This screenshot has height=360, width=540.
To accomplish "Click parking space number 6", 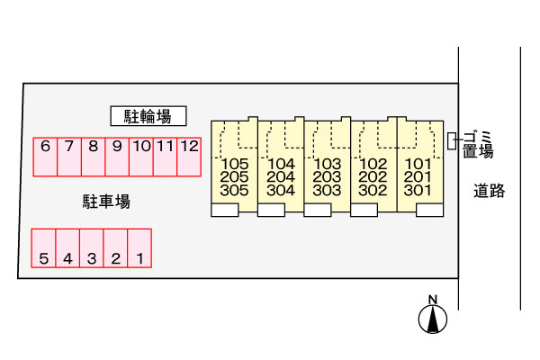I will (x=44, y=157).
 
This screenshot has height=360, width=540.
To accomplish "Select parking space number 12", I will (x=189, y=157).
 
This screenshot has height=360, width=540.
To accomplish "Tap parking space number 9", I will (x=116, y=157).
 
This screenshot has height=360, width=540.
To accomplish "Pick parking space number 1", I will (x=139, y=248).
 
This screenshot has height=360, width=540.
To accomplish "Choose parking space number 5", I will (x=43, y=248).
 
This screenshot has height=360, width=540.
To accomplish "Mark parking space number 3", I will (x=91, y=248).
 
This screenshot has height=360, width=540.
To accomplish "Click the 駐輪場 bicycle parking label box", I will (x=148, y=115).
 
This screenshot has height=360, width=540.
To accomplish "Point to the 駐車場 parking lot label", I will (x=106, y=202).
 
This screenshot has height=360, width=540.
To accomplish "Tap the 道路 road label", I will (x=490, y=190).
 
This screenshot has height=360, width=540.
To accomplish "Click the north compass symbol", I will (x=433, y=318).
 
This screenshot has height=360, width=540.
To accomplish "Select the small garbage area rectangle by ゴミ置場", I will (x=453, y=142).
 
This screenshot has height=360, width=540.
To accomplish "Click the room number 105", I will (x=234, y=165).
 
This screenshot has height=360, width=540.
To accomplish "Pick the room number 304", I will (x=281, y=191).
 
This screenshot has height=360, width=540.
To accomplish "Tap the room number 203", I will (x=327, y=177).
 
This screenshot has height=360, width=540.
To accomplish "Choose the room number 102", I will (x=373, y=165).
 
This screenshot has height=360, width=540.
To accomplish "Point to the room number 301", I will (x=418, y=191).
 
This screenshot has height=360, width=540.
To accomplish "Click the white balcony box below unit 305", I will (x=224, y=210).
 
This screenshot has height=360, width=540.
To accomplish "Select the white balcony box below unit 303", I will (x=317, y=210).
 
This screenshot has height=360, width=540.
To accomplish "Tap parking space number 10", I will (x=140, y=157).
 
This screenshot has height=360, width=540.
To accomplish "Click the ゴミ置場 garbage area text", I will (x=478, y=144).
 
